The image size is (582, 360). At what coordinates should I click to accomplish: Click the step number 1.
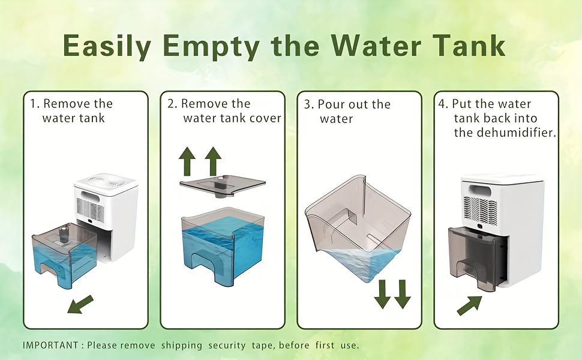[x=34, y=104]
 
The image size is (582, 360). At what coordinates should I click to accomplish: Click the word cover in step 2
[x=265, y=118]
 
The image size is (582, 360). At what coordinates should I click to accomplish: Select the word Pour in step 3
[x=329, y=104]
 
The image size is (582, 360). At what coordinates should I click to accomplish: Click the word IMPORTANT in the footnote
[x=50, y=345]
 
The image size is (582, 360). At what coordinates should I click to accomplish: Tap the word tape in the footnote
[x=263, y=346]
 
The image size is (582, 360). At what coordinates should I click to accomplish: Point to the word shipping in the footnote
[x=182, y=346]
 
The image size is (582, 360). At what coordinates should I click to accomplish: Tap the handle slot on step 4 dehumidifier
[x=481, y=191]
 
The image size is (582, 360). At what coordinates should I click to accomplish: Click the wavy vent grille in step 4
[x=479, y=211]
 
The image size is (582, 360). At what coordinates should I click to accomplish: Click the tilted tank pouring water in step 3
[x=358, y=228]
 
